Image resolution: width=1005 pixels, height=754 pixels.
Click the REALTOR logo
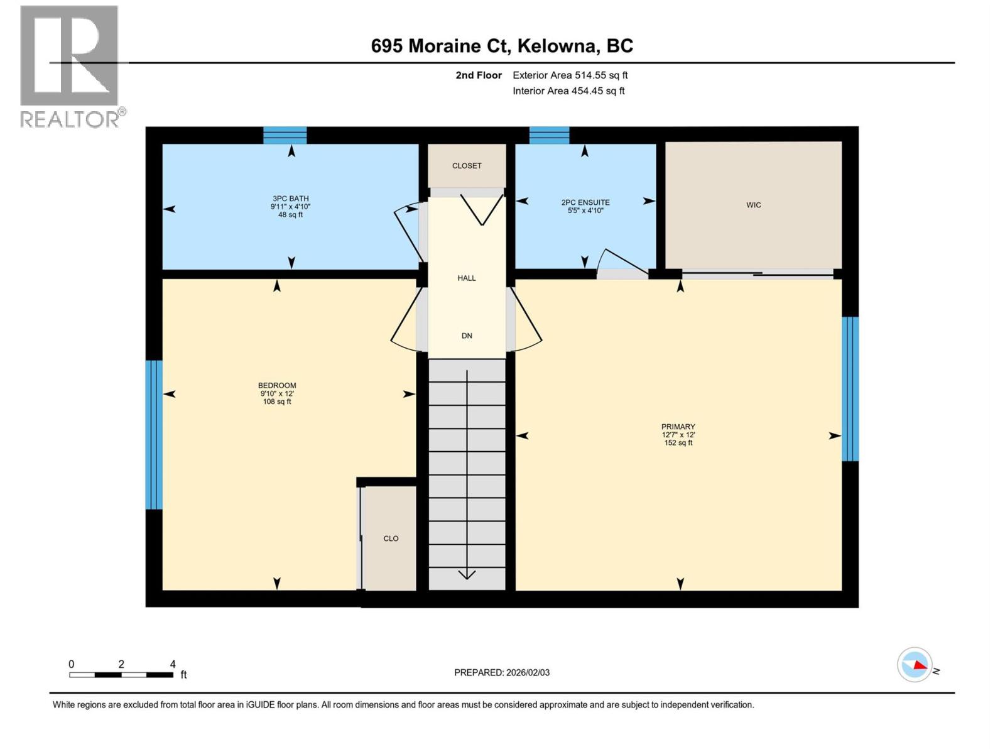point(70,66)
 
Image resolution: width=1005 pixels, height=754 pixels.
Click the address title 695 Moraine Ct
point(502,46)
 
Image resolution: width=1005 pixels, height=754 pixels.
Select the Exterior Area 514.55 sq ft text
point(570,75)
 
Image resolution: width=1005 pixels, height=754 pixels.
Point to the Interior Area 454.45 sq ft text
point(568,91)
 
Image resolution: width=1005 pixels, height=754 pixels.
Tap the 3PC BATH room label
point(290,206)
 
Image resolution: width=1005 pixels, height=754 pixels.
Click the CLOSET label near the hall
point(467,166)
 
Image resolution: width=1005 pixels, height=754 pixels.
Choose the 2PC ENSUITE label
point(585,206)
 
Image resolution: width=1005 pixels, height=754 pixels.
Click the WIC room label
point(753,205)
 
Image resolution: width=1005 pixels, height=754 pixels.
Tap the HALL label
point(467,278)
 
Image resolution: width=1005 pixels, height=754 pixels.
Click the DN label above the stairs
point(467,336)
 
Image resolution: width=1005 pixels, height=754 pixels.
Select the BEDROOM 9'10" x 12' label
point(277,393)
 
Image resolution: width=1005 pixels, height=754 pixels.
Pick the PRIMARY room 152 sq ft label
point(678,434)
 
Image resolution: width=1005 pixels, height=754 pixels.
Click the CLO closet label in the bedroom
point(391,538)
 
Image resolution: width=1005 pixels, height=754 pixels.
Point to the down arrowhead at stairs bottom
point(467,574)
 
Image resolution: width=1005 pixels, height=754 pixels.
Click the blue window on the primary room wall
point(850,388)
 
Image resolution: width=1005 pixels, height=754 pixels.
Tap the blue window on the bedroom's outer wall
point(154,434)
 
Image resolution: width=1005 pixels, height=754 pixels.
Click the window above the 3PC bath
point(285,135)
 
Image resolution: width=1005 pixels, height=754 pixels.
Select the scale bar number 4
point(173,664)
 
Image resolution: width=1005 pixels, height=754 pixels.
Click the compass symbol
point(915,665)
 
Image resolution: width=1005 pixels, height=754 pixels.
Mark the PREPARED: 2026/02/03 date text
point(502,672)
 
